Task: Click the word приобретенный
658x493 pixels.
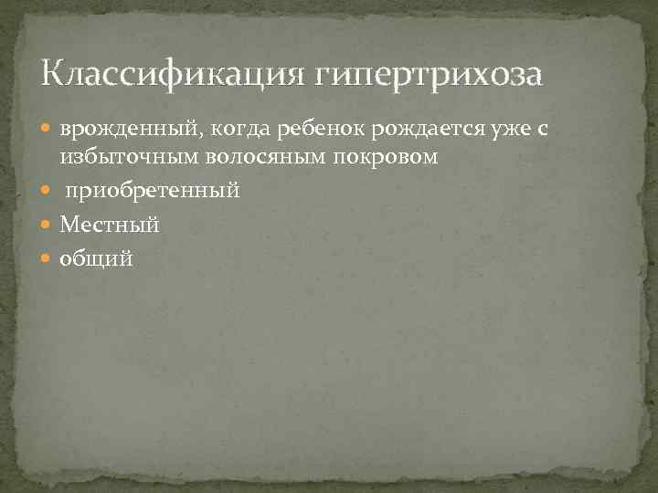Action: coord(153,191)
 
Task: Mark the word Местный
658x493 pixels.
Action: coord(110,225)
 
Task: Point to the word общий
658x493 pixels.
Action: coord(96,259)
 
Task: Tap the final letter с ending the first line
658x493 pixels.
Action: coord(543,131)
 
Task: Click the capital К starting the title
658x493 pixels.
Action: coord(52,72)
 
